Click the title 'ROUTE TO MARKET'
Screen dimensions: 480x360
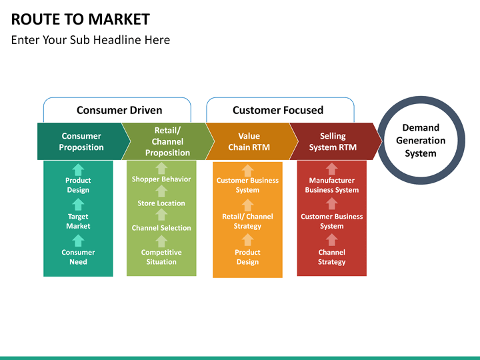(x=81, y=19)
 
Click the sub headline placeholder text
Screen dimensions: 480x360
(x=91, y=40)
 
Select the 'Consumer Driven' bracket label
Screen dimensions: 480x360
(x=119, y=110)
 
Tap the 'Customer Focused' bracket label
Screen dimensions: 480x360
(x=278, y=110)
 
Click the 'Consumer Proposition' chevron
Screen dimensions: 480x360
(x=81, y=141)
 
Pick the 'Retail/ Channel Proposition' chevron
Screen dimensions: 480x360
(x=167, y=141)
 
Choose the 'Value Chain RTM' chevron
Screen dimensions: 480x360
(x=249, y=141)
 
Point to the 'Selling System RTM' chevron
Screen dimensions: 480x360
(x=333, y=141)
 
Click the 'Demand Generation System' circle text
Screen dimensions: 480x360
(x=421, y=141)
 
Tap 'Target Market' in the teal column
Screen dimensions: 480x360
(x=78, y=221)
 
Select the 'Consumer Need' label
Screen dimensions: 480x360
(x=78, y=257)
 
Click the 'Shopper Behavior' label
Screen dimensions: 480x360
(x=161, y=179)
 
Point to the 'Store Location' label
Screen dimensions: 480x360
(x=161, y=203)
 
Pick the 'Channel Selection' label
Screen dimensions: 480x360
(x=161, y=228)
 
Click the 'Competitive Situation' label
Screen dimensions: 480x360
(x=161, y=257)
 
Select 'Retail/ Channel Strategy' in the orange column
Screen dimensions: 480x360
(x=247, y=221)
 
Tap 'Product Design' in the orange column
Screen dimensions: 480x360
(x=247, y=257)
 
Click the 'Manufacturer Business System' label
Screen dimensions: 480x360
(x=332, y=185)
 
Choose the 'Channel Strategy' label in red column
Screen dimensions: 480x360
(x=332, y=257)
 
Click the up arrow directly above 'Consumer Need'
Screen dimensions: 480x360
(x=78, y=241)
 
